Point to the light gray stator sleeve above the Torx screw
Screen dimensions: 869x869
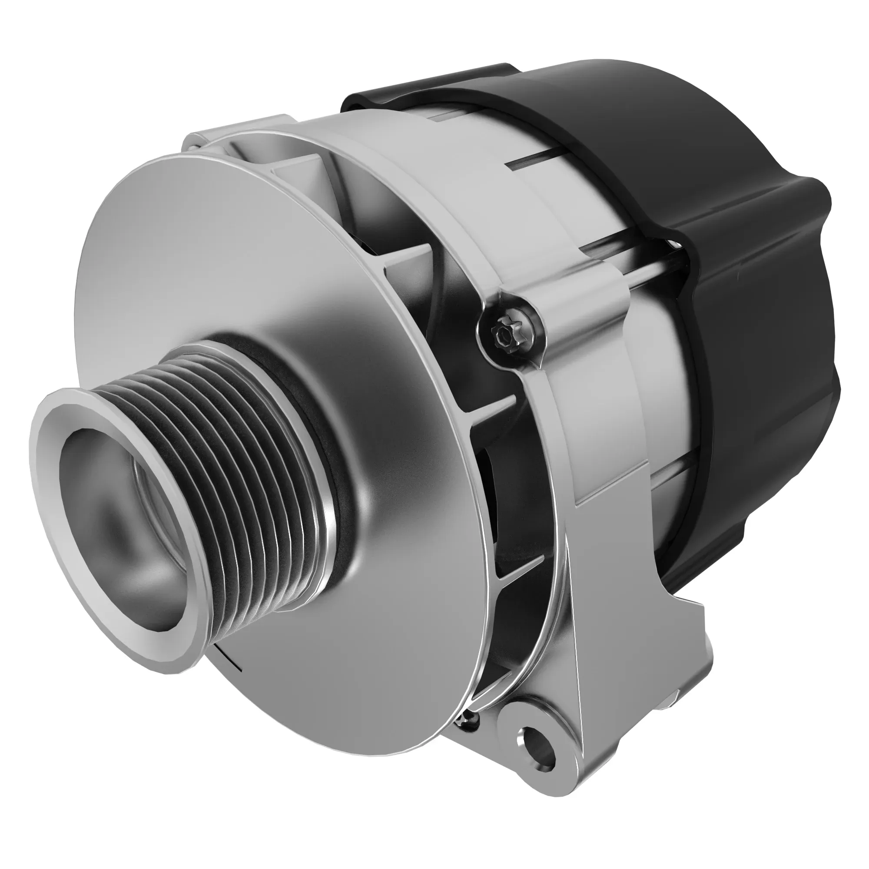[x=517, y=202]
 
